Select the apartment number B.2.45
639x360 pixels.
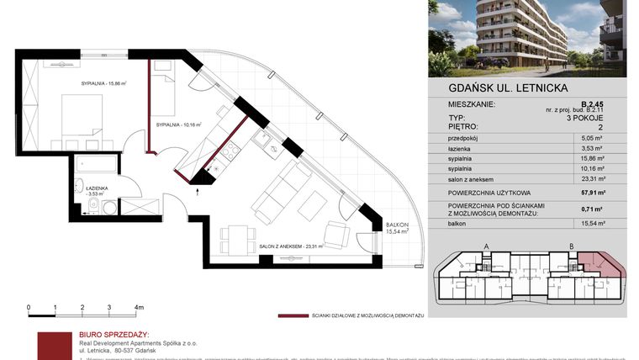coord(610,104)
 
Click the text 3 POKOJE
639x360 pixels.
coord(603,119)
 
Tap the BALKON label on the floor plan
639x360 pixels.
coord(397,225)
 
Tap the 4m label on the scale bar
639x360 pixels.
coord(140,308)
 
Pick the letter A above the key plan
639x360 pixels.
coord(487,246)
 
